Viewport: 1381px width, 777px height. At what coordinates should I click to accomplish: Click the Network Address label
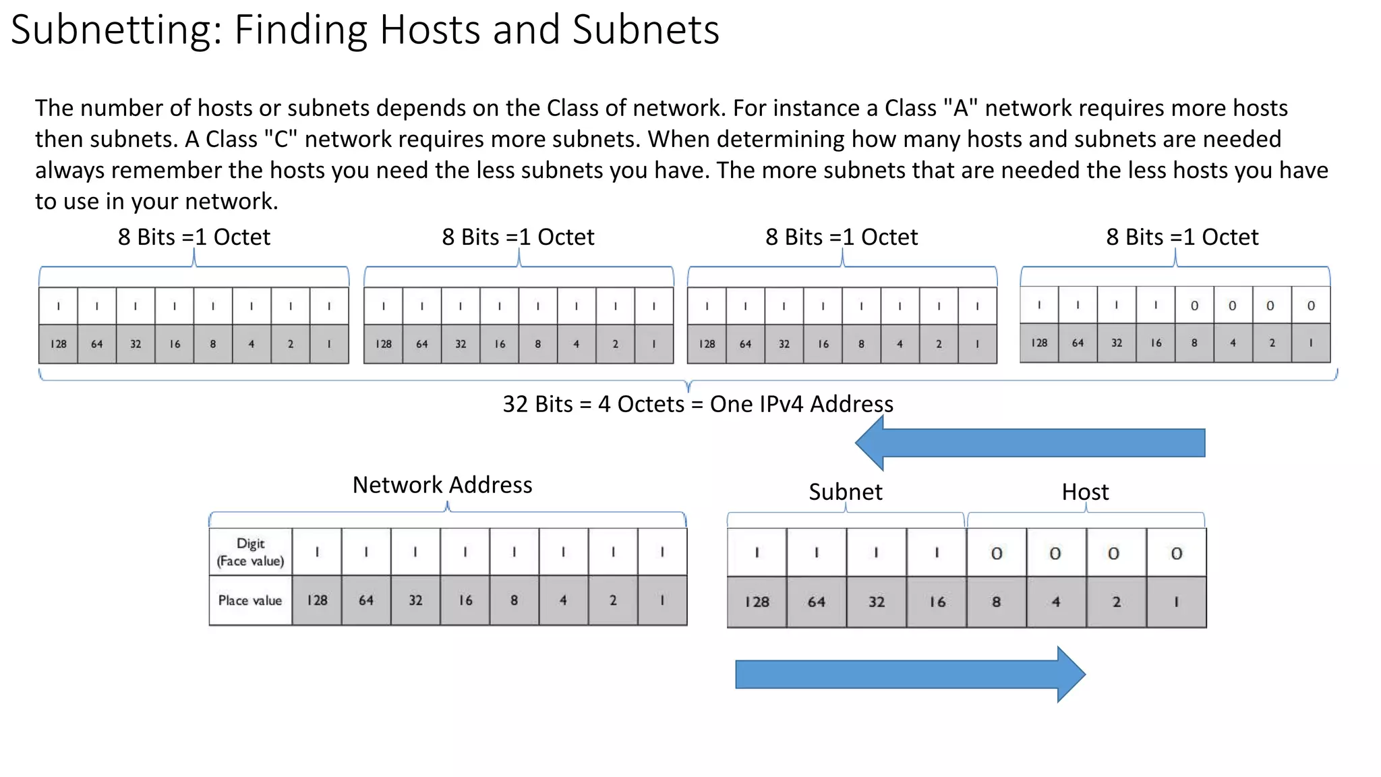click(x=442, y=485)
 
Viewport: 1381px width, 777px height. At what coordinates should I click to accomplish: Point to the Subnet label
click(x=845, y=492)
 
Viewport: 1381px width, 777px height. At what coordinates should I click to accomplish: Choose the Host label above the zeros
click(x=1085, y=492)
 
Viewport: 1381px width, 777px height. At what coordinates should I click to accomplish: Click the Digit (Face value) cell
click(x=250, y=552)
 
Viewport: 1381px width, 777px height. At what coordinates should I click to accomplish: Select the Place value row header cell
click(x=250, y=600)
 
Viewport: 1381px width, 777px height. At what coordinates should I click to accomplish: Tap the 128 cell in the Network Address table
click(x=317, y=600)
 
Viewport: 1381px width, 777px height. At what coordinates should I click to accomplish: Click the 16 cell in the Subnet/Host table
click(x=937, y=602)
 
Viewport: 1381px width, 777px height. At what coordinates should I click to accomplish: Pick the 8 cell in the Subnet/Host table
click(x=996, y=602)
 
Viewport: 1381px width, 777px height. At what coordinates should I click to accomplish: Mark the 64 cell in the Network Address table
click(x=366, y=600)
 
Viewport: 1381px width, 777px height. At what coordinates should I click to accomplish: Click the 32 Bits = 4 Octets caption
click(x=698, y=404)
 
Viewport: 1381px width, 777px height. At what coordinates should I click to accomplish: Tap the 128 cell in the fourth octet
click(x=1039, y=343)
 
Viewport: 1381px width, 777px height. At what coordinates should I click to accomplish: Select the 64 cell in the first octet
click(x=97, y=344)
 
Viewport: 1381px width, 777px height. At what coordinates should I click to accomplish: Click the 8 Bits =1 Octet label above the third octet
click(x=841, y=237)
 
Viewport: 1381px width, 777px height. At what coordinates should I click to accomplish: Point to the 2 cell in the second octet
click(x=615, y=344)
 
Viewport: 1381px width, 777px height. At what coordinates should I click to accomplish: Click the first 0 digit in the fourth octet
click(x=1194, y=306)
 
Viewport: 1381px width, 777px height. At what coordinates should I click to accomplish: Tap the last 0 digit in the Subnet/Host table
click(x=1176, y=553)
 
